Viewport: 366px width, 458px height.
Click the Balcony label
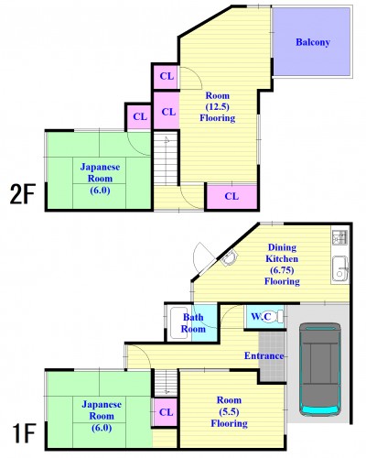coord(313,42)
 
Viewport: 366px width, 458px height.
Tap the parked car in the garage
coord(320,369)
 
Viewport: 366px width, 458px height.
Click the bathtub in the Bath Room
coord(178,323)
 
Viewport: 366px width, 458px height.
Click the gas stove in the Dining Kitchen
coord(339,237)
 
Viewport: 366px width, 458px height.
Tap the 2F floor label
coord(23,194)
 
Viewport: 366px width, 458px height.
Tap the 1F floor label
coord(25,433)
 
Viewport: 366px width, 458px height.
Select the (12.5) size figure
coord(218,107)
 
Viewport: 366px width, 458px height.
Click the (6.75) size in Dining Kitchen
coord(282,270)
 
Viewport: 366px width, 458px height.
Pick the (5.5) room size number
coord(229,411)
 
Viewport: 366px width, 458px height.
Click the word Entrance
coord(264,355)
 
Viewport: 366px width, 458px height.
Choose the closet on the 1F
coord(165,412)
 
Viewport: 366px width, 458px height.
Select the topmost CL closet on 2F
coord(167,76)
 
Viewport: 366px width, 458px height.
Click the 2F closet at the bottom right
coord(231,197)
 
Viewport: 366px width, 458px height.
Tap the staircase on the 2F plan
coord(166,158)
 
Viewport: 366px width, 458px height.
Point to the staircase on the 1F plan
coord(166,383)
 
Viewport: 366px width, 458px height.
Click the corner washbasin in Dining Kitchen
coord(229,258)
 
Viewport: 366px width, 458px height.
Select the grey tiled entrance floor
coord(272,356)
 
